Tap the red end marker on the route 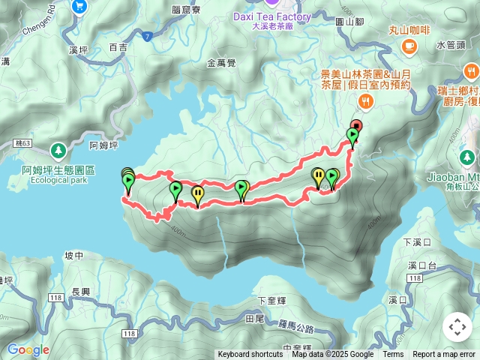coord(357,126)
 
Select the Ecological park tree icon coord(58,150)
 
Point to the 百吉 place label coord(118,47)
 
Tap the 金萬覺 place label coord(221,64)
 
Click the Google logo coord(28,349)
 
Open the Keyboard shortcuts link coord(250,355)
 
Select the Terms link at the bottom coord(393,355)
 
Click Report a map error coord(444,355)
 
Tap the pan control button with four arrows coord(457,327)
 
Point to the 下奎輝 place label coord(272,300)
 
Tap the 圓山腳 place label coord(348,22)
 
